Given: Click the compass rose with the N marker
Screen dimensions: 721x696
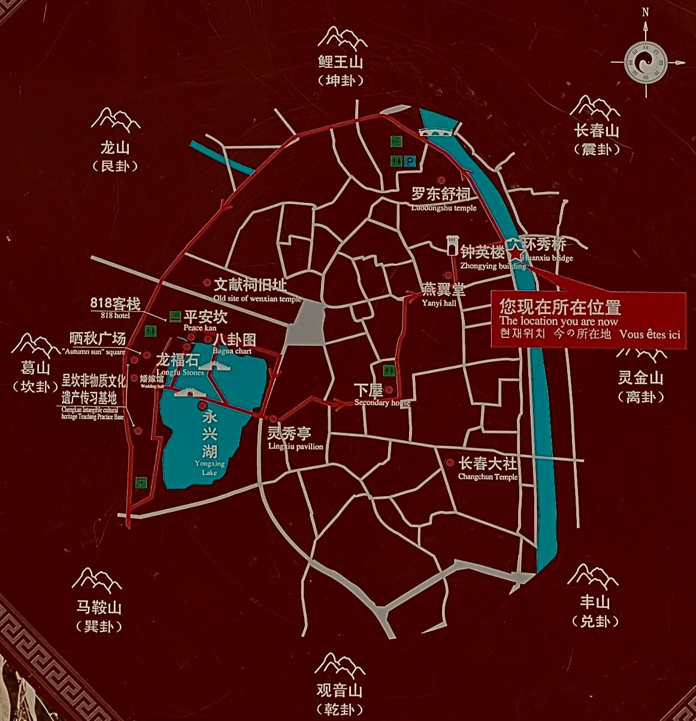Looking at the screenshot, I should point(646,62).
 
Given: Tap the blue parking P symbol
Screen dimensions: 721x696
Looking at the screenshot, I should point(410,160).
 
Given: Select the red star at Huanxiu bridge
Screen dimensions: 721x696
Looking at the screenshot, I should point(515,254).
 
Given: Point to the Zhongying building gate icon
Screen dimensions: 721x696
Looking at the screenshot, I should point(452,246).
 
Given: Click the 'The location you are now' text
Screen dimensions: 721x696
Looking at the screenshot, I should point(558,321).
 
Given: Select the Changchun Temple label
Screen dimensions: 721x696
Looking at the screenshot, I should point(488,468).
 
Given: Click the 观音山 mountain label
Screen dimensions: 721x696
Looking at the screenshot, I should point(340,690).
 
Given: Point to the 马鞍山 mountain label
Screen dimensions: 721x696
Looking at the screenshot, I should point(99,607).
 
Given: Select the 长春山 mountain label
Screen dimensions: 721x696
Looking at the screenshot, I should point(596,130).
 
